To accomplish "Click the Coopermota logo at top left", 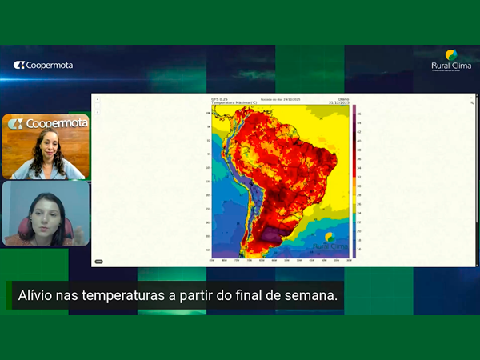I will (43, 66).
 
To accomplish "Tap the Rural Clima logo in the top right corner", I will (451, 61).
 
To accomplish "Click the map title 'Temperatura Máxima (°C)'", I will (234, 103).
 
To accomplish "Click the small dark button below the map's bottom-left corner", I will (98, 262).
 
